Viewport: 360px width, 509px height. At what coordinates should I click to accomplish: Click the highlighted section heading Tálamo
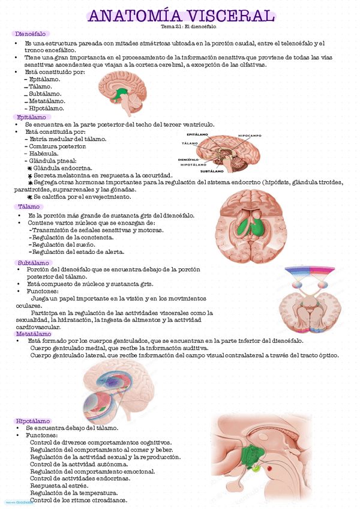(29, 206)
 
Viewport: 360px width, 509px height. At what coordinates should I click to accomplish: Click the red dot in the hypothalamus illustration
(269, 468)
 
